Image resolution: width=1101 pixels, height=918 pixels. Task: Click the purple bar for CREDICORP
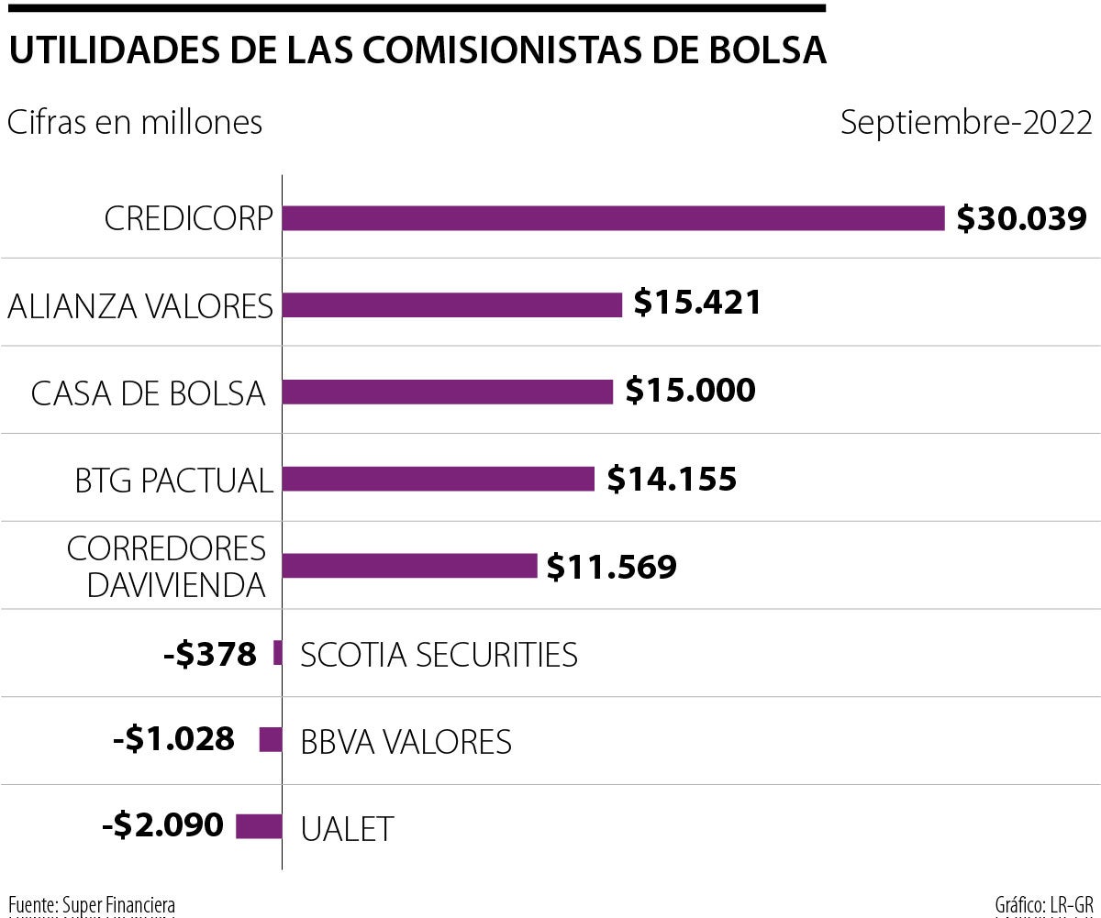613,218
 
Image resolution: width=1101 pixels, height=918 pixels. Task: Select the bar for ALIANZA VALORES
452,304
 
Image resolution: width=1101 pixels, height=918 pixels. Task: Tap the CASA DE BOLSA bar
447,392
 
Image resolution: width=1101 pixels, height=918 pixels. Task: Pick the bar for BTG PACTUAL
438,479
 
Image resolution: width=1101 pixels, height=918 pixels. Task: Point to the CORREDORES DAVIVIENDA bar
409,566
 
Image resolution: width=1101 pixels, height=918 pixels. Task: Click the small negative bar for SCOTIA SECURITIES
277,653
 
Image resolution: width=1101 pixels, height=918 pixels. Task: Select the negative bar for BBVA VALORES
271,740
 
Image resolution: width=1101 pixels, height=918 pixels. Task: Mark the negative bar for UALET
259,826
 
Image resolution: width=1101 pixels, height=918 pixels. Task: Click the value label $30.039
1021,218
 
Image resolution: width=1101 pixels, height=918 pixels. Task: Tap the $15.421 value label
697,304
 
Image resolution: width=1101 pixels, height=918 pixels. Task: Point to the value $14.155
672,479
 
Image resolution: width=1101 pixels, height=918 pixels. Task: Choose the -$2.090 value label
163,825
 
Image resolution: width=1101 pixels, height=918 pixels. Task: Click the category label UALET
347,828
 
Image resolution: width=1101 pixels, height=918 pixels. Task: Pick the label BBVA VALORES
406,741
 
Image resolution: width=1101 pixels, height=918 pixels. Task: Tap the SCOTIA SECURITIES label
439,655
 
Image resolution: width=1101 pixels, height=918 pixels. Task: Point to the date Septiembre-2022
966,122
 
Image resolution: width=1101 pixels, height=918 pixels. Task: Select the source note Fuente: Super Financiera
92,904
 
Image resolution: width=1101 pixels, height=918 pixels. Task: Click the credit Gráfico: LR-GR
1044,904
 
